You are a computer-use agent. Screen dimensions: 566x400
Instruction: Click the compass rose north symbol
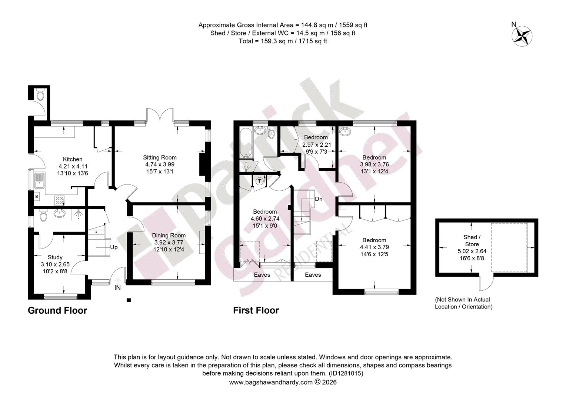[522, 36]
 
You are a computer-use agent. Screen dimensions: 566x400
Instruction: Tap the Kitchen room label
[73, 159]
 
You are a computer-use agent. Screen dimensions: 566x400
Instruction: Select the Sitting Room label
[160, 157]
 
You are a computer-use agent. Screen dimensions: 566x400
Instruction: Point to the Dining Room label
[169, 235]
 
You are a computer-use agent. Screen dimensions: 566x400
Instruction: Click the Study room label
[55, 257]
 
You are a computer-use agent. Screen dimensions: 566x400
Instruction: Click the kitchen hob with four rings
[60, 200]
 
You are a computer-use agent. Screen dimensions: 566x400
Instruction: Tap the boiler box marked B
[37, 196]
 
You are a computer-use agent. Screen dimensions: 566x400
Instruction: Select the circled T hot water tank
[260, 181]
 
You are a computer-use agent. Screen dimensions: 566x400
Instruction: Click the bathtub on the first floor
[246, 143]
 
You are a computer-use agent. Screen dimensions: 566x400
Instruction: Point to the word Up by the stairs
[114, 247]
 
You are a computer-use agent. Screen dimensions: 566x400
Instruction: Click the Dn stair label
[319, 199]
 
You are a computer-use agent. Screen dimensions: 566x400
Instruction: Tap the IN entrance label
[117, 287]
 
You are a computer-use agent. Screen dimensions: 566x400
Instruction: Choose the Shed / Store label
[472, 241]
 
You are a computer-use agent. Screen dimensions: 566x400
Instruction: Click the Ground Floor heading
[57, 310]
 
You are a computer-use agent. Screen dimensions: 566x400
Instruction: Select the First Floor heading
[256, 310]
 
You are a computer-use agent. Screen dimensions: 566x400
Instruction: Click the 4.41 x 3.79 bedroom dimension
[374, 247]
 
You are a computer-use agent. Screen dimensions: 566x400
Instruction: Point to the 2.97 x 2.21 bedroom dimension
[317, 144]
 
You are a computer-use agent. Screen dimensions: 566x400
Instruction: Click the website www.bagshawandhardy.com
[271, 382]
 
